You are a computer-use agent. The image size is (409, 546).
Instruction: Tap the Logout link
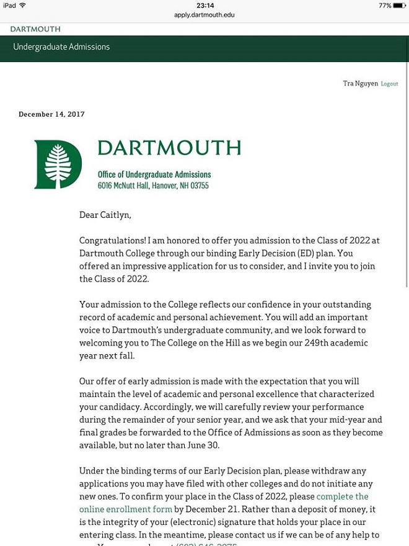pos(389,84)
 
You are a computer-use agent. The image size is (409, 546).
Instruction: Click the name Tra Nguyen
pos(360,84)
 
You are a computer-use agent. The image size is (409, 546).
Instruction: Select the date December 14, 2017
pos(51,114)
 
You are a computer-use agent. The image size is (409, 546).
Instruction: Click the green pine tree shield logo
pos(58,164)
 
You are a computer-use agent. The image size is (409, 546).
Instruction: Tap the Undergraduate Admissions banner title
pos(61,47)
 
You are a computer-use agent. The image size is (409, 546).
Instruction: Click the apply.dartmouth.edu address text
pos(205,14)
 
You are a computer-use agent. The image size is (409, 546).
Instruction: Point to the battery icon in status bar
pos(400,6)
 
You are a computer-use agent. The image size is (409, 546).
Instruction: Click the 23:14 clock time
pos(205,6)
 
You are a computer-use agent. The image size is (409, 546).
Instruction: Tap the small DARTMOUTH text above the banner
pos(35,29)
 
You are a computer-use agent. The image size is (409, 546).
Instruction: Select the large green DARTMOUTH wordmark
pos(169,148)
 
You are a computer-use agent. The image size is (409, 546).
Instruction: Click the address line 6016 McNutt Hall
pos(153,186)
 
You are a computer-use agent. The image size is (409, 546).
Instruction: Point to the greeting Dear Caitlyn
pos(105,215)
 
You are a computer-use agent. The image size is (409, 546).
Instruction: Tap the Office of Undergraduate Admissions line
pos(154,175)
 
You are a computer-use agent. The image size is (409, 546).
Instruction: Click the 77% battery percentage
pos(385,6)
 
